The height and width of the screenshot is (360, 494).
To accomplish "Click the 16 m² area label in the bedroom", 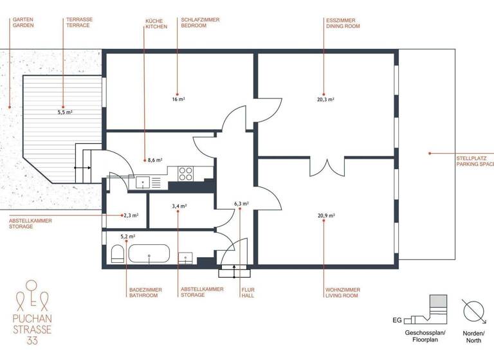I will pos(178,100).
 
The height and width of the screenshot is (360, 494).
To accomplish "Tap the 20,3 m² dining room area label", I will pos(325,100).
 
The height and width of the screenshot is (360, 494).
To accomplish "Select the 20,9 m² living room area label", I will pos(326,216).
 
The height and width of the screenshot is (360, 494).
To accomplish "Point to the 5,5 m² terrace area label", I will pos(64,112).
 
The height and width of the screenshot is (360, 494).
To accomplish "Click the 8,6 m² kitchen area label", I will pos(154,160).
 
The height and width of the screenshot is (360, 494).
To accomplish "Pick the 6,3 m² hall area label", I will pos(241,204).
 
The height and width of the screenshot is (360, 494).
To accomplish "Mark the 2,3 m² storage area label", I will pos(131,216).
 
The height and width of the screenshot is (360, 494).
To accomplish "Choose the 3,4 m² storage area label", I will pos(179,206).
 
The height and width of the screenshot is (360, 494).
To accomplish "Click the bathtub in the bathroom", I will pos(149,255).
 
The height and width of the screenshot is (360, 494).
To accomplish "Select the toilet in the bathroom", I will pos(117,255).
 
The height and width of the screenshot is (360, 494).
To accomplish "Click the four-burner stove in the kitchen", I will pos(186,173).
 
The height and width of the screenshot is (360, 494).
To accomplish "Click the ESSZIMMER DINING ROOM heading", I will pos(342,23).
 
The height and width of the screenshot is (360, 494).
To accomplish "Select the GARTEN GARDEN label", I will pos(23,23).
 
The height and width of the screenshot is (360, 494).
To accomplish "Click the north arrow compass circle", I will pos(475,312).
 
